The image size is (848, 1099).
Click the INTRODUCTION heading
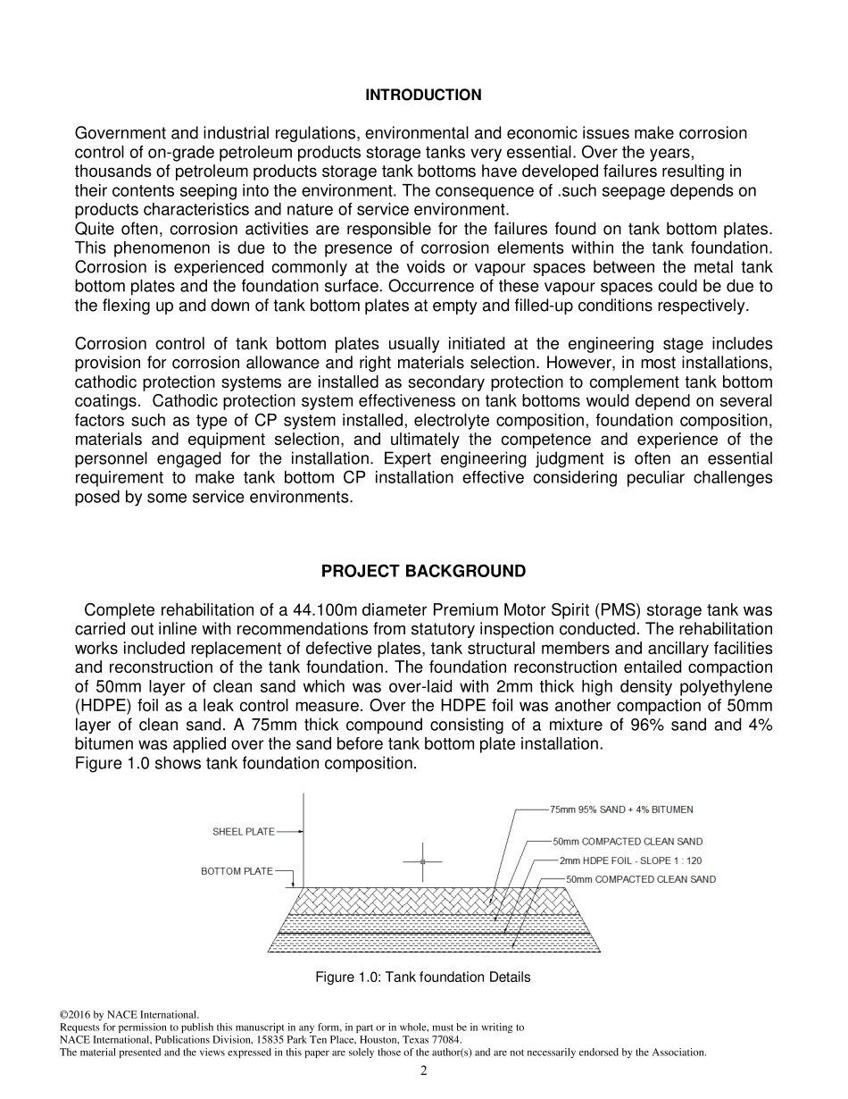tap(423, 96)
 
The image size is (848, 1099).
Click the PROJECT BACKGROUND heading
tap(423, 572)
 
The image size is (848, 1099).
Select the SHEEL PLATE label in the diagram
tap(243, 833)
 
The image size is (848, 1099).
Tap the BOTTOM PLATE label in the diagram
tap(237, 872)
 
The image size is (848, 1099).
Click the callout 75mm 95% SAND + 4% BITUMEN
tap(621, 810)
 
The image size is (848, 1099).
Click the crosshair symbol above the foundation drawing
tap(423, 861)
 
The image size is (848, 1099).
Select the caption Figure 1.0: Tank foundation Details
tap(423, 977)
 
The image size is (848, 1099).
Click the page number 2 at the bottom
tap(424, 1071)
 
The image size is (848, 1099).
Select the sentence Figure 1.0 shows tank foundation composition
tap(245, 764)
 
